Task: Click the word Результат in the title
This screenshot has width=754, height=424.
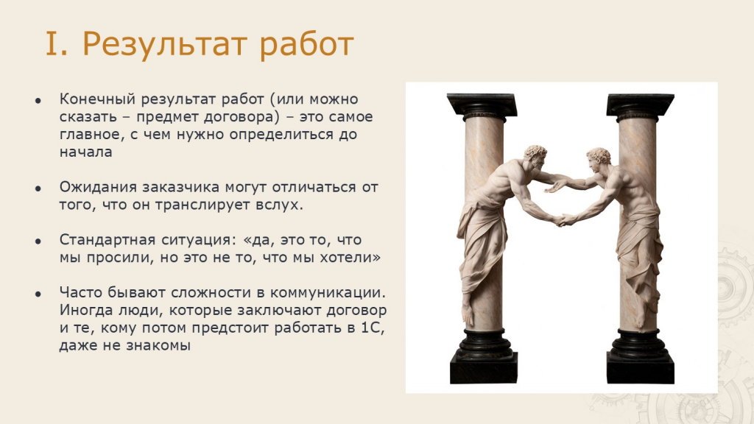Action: tap(165, 45)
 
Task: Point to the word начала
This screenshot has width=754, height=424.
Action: tap(86, 152)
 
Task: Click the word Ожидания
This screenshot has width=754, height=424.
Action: tap(98, 188)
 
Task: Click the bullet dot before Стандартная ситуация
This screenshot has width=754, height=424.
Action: tap(38, 241)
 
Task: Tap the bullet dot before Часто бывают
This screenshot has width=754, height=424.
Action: tap(38, 294)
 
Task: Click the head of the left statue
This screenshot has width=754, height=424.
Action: tap(535, 158)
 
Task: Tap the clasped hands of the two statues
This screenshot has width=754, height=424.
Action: tap(560, 220)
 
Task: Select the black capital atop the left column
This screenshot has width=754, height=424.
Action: tap(482, 107)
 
